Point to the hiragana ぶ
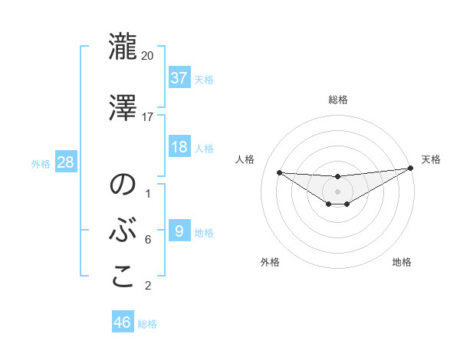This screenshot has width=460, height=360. coord(123,231)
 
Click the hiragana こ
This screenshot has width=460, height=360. coord(123,277)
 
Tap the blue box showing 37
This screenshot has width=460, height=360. coord(179,77)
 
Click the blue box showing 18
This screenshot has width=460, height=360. coord(179,147)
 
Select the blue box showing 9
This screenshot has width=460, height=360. coord(179,231)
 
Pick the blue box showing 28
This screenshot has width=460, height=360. coord(65,162)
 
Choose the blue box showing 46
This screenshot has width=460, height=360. coord(123,322)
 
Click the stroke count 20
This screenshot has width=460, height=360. coord(148,55)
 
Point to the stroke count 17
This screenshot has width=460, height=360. coord(148,117)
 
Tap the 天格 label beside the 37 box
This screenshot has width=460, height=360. coord(204,79)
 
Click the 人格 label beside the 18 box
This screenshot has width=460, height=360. coord(204,149)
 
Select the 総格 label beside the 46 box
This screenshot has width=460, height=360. coord(147,324)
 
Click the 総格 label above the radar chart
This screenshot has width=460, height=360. coord(338,100)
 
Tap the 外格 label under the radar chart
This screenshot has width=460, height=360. coord(270,262)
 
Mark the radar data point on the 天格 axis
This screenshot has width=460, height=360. coord(411,169)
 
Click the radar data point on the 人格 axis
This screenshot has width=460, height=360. coord(279,172)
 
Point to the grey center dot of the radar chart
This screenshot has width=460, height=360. coord(337,191)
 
